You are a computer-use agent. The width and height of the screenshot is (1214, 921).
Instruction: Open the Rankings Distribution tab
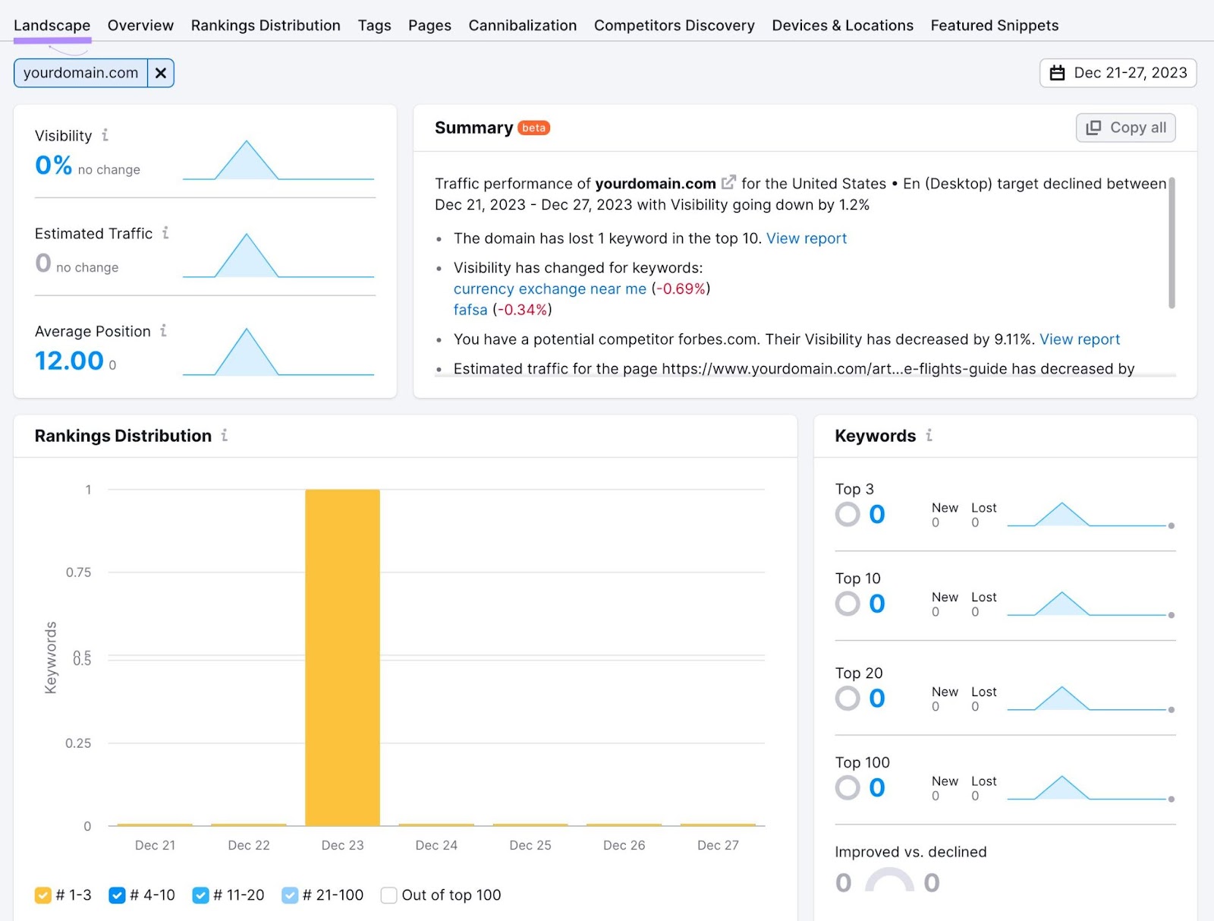coord(266,25)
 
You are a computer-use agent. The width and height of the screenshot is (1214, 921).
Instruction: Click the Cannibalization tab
coord(522,25)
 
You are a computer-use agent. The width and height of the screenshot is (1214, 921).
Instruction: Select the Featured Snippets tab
coord(994,25)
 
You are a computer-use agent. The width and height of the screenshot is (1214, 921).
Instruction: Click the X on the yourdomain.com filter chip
coord(161,73)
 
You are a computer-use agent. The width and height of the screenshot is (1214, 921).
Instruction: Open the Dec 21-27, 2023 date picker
coord(1118,73)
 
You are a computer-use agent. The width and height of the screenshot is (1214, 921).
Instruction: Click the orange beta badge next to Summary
coord(533,128)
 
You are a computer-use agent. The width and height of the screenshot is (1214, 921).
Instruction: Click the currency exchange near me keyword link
coord(549,289)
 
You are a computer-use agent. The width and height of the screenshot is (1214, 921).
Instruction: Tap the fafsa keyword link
coord(470,310)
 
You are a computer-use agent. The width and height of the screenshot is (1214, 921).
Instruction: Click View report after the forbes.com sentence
coord(1079,339)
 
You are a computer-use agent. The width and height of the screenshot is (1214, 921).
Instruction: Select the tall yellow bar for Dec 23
coord(342,657)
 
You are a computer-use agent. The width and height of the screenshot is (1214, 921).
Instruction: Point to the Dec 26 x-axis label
coord(624,845)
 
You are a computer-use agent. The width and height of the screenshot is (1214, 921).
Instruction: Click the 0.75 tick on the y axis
coord(78,572)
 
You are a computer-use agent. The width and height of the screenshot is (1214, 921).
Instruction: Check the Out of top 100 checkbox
coord(388,895)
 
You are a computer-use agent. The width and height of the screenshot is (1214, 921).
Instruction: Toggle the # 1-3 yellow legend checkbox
coord(43,895)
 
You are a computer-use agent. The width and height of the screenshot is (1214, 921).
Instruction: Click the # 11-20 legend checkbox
coord(200,895)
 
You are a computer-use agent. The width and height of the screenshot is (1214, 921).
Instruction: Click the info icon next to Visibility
coord(105,135)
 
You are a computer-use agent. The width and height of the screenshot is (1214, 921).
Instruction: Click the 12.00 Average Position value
coord(69,361)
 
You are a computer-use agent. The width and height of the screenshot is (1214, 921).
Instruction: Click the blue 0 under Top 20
coord(876,698)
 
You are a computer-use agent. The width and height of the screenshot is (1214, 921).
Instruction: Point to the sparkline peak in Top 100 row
coord(1062,777)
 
